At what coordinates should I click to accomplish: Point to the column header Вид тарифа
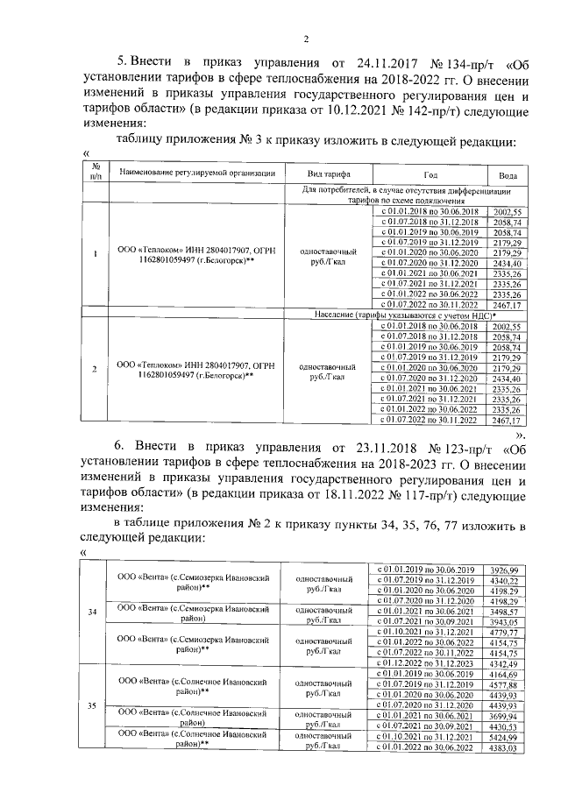328,173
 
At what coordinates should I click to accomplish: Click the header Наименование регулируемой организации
197,173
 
